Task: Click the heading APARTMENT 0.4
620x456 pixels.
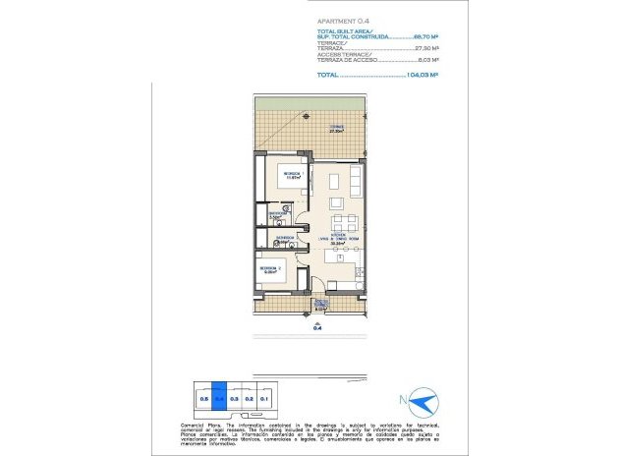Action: [x=343, y=19]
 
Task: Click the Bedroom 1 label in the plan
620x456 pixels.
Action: [x=292, y=175]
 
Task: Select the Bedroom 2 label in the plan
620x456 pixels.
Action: [x=271, y=268]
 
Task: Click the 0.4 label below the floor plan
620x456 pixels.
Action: [x=317, y=329]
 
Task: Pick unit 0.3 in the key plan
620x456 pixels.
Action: [x=234, y=399]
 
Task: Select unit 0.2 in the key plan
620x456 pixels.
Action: [x=250, y=399]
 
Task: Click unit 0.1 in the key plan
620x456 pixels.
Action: [x=264, y=399]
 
